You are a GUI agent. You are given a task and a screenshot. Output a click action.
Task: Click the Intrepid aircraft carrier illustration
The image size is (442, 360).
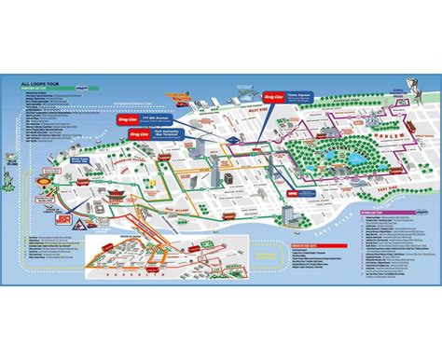(x=177, y=97)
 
